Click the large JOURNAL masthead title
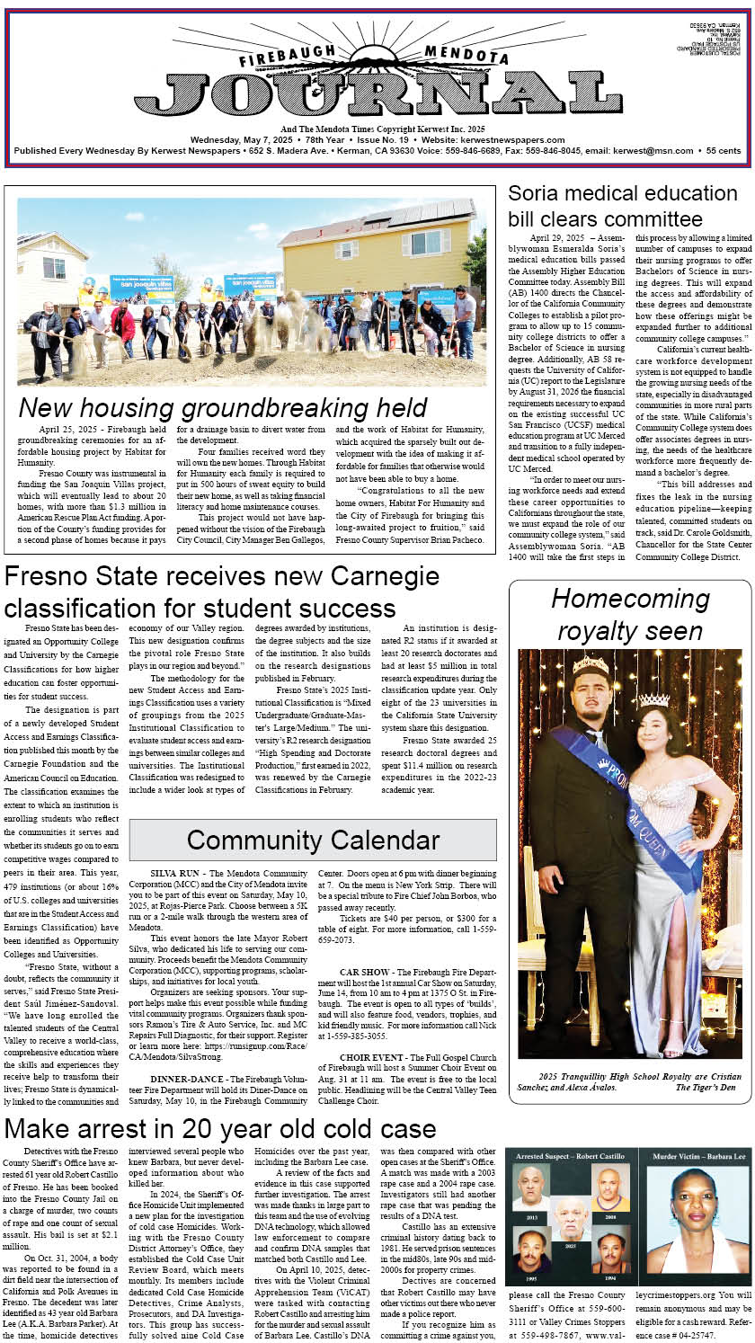377,93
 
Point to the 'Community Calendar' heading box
313,840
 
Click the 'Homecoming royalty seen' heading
630,614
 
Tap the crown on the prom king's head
591,665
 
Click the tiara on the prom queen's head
653,698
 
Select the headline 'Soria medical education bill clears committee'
622,206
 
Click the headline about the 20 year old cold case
220,1129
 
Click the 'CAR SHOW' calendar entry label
364,973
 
